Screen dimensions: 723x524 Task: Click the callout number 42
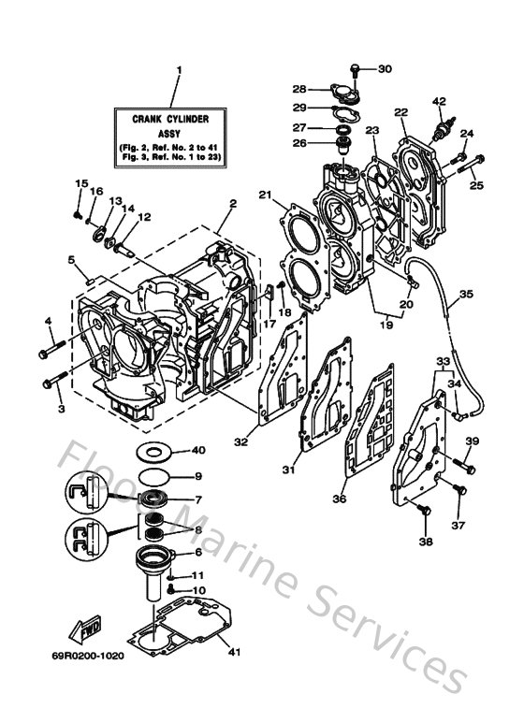coord(438,100)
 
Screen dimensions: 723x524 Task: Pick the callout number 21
coord(265,195)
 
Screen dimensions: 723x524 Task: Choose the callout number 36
coord(338,499)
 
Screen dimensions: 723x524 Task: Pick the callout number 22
coord(400,112)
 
